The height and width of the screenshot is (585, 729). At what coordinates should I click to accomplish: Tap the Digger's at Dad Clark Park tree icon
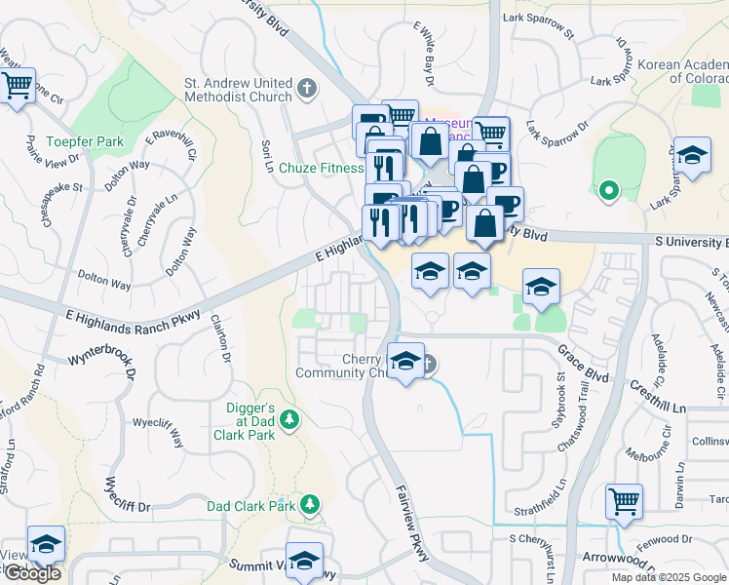click(288, 419)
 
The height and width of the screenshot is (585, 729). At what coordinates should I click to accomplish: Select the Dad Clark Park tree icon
click(310, 504)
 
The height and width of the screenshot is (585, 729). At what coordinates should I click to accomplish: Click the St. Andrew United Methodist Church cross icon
click(307, 89)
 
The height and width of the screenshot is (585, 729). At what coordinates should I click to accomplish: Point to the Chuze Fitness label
click(321, 168)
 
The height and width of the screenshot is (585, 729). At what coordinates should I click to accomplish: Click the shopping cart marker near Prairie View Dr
click(17, 86)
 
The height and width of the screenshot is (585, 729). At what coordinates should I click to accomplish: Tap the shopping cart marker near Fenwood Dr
click(624, 501)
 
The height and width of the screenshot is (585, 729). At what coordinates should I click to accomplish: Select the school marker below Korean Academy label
click(692, 155)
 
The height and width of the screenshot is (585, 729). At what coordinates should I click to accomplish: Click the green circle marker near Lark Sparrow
click(609, 190)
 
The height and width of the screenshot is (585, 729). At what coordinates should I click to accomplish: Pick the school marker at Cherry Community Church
click(404, 362)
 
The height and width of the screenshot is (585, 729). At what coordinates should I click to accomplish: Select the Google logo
click(31, 573)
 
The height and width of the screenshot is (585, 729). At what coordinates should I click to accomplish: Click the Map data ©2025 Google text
click(668, 577)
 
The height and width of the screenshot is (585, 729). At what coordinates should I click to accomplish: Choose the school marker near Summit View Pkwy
click(304, 560)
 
